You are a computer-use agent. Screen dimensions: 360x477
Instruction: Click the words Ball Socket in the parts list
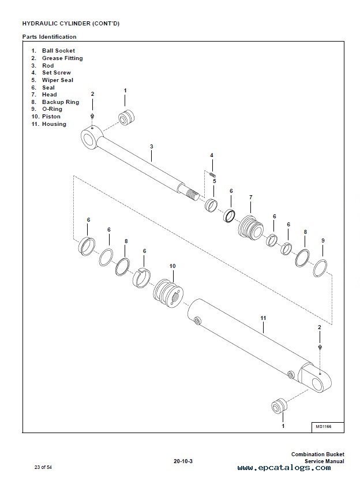pos(58,51)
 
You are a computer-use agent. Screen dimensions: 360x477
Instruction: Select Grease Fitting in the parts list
pos(62,58)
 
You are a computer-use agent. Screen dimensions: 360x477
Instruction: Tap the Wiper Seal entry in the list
pos(58,80)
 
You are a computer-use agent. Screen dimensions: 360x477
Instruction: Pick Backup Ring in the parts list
pos(61,102)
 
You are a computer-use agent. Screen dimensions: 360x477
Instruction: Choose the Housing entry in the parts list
pos(54,124)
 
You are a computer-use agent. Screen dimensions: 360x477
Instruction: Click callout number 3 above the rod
pos(152,147)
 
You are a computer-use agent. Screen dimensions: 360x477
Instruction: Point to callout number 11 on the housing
pos(263,318)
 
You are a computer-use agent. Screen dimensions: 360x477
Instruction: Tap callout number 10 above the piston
pos(172,266)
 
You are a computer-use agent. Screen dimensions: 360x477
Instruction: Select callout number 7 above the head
pos(250,197)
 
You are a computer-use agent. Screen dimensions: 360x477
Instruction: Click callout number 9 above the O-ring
pos(323,241)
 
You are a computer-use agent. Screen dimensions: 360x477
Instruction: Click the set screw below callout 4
pos(213,174)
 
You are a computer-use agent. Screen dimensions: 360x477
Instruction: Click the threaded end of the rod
pos(192,193)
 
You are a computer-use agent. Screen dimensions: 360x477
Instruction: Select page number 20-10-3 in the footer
pos(183,461)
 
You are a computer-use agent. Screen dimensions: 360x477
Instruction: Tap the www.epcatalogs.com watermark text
pos(284,468)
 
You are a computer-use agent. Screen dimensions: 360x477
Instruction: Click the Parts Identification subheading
pos(49,37)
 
